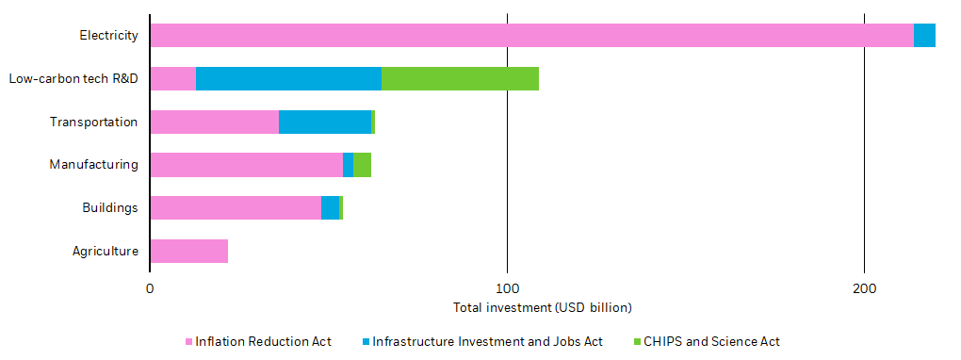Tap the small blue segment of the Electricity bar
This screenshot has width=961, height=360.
pos(924,36)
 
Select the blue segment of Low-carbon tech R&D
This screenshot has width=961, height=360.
pos(288,79)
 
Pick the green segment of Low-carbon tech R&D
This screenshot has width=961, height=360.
pos(460,79)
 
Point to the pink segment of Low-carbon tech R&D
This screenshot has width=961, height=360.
pos(172,79)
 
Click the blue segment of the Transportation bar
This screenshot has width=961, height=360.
pos(324,122)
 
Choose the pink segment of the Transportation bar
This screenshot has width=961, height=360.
pos(214,122)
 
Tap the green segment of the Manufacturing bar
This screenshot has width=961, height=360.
pos(362,165)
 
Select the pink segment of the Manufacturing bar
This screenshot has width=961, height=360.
pos(246,165)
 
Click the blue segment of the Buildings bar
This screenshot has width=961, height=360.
pos(330,208)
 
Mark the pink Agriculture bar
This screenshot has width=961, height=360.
pos(188,252)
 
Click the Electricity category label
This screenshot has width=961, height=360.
pos(109,36)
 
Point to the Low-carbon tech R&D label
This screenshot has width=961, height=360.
pos(73,79)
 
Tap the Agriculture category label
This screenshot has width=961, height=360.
pos(106,252)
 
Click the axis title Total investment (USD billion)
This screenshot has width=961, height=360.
pos(542,308)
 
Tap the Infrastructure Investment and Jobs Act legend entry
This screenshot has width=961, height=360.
pos(487,341)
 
